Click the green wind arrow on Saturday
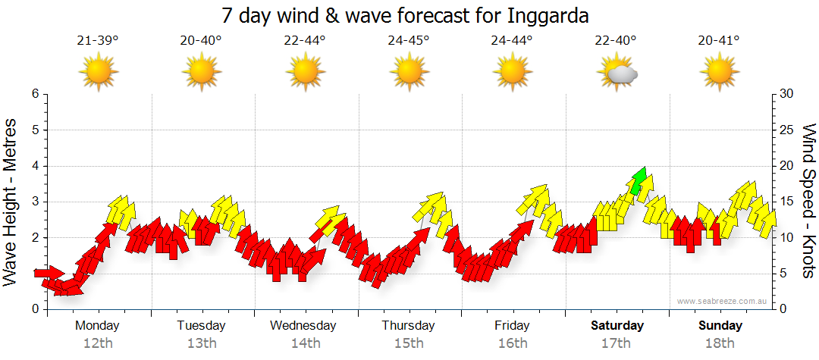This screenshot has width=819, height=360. pos(639,180)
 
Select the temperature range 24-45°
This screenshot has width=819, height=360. pos(409,41)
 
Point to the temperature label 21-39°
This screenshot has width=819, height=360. pos(98,41)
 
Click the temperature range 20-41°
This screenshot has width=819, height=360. pos(719,41)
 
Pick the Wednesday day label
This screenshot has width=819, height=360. pos(303,325)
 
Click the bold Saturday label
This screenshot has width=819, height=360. pos(617,325)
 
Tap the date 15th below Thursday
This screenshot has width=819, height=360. pos(409,343)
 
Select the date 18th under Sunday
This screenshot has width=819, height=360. pos(720,343)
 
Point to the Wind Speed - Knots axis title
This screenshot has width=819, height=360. pos(808,201)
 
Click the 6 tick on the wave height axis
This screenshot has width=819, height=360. pos(34,94)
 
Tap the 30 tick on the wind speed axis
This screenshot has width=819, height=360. pos(788,94)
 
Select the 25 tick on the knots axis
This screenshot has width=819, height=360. pos(788,130)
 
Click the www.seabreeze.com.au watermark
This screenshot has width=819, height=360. pos(723,302)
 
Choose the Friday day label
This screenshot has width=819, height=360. pos(512,325)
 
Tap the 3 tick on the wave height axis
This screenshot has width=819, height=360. pos(34,202)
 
